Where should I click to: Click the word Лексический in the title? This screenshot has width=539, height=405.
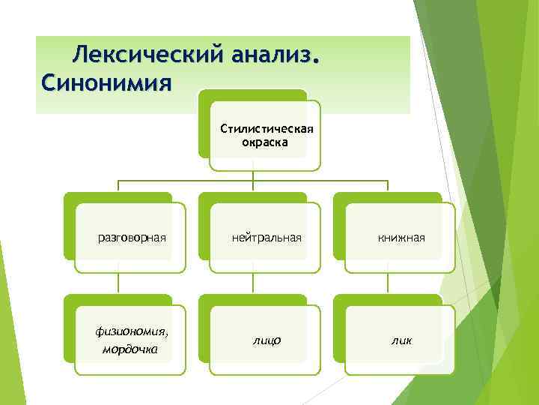[x=149, y=54]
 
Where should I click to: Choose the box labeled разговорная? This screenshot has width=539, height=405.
[x=132, y=238]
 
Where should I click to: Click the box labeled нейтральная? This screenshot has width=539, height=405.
[x=267, y=238]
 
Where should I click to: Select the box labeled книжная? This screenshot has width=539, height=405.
[x=401, y=238]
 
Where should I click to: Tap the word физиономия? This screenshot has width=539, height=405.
[x=130, y=332]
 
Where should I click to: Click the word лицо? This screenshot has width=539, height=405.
[x=267, y=340]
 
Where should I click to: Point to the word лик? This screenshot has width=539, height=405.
[x=401, y=340]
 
